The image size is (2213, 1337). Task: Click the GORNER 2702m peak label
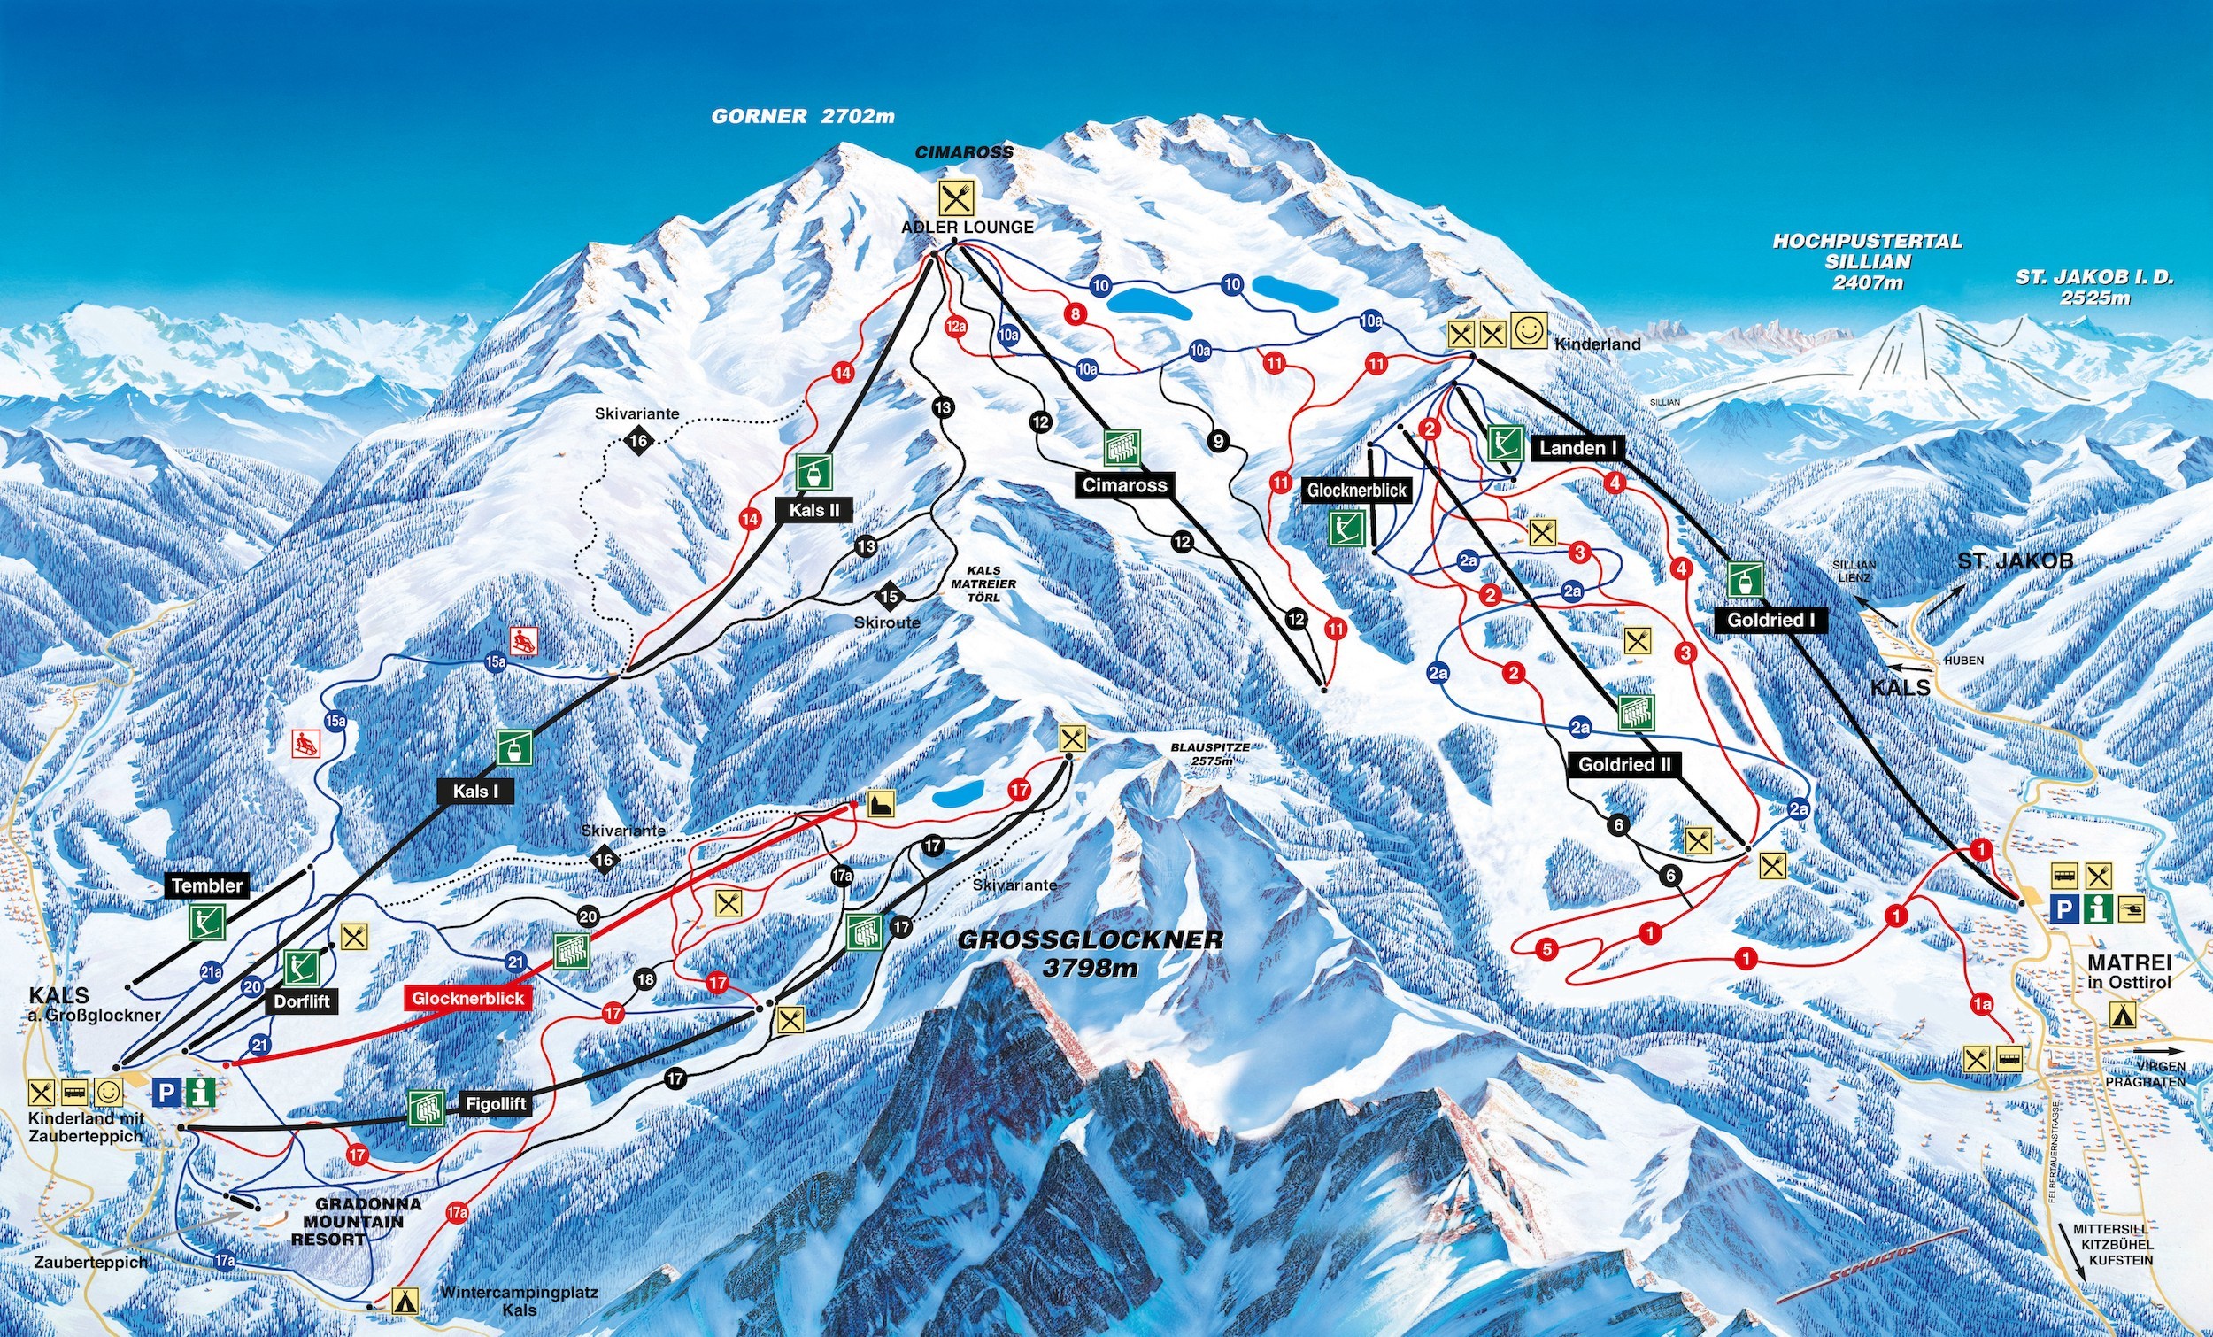(803, 117)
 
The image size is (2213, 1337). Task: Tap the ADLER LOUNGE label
(968, 228)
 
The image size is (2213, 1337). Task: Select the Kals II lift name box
(814, 510)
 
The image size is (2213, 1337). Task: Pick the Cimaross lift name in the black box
(1123, 485)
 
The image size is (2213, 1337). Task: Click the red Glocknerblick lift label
(467, 998)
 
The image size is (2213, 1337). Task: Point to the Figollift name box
(495, 1103)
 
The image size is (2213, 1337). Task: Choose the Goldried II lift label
(1624, 765)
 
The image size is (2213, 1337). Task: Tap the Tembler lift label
(207, 885)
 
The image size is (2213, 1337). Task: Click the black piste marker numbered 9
(1218, 441)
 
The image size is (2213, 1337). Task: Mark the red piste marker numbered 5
(1546, 949)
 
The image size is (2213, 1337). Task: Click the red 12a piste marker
(956, 326)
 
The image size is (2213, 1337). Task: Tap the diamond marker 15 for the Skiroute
(889, 596)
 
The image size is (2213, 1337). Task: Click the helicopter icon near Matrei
(2132, 910)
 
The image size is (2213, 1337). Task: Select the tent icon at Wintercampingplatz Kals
(405, 1300)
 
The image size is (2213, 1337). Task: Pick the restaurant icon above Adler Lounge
(957, 196)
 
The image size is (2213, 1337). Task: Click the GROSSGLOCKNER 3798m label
(1091, 954)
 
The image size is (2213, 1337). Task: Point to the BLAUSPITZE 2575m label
(1210, 754)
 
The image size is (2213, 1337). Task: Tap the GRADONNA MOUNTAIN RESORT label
(355, 1221)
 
